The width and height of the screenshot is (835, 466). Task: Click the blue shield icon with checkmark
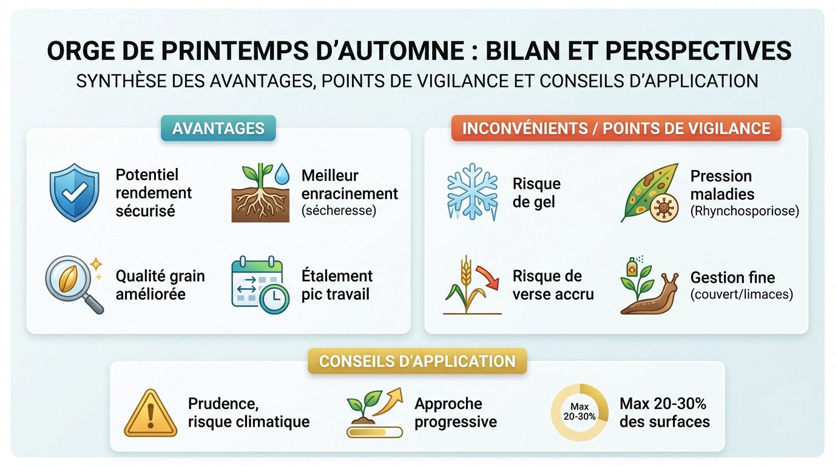[x=75, y=192]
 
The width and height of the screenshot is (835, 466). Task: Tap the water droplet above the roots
[x=282, y=174]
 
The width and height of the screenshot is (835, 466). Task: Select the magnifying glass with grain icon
[x=74, y=284]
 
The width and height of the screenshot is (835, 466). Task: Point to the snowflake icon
[x=472, y=192]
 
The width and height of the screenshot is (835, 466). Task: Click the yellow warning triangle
[x=150, y=413]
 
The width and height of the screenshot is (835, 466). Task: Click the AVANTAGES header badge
[x=218, y=128]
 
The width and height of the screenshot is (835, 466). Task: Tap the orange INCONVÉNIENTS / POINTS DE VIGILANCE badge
[x=616, y=128]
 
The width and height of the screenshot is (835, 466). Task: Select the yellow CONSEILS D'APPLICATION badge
[x=417, y=361]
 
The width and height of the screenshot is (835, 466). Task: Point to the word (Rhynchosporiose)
[x=745, y=211]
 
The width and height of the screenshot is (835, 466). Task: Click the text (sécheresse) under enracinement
[x=339, y=211]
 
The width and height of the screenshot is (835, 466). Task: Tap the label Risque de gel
[x=536, y=193]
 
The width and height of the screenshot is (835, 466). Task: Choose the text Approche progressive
[x=456, y=413]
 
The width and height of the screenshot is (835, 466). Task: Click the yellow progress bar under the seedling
[x=374, y=432]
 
